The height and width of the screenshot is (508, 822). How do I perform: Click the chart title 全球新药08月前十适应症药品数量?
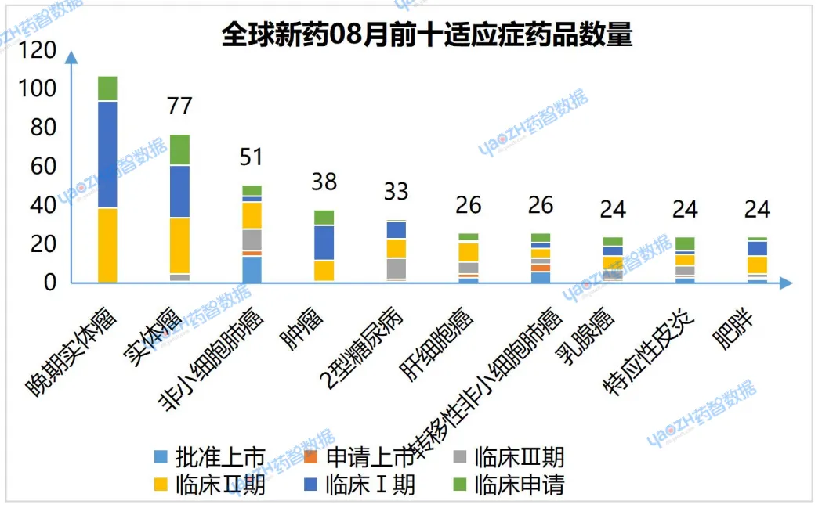pyautogui.click(x=426, y=36)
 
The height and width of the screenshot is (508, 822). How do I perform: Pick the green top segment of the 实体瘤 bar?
pyautogui.click(x=179, y=150)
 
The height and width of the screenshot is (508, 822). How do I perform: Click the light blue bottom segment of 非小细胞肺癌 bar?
pyautogui.click(x=252, y=269)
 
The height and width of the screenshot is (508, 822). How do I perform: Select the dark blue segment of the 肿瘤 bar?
pyautogui.click(x=324, y=243)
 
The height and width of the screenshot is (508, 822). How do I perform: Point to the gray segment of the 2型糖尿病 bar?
pyautogui.click(x=396, y=268)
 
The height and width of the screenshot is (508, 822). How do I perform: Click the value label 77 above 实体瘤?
pyautogui.click(x=179, y=106)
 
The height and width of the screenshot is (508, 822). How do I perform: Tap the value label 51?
pyautogui.click(x=252, y=157)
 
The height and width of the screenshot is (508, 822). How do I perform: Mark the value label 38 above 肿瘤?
pyautogui.click(x=324, y=182)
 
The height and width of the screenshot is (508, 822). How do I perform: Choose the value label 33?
pyautogui.click(x=396, y=192)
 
